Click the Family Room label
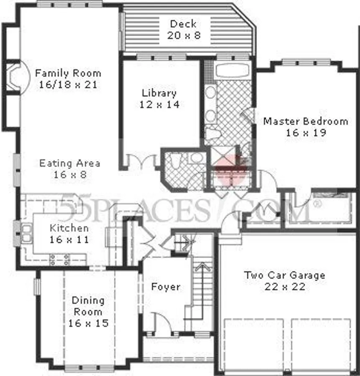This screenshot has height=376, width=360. point(68,73)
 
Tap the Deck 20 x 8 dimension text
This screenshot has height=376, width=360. point(183,35)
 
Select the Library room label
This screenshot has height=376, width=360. point(159,93)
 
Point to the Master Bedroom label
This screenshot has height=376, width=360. point(305,121)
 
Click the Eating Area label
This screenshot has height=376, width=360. point(69,163)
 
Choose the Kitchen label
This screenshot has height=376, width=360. point(69,228)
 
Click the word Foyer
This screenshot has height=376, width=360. point(165,287)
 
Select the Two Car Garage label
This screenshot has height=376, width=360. point(284,276)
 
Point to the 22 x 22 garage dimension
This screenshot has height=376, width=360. point(284,287)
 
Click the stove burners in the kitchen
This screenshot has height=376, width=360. point(59,260)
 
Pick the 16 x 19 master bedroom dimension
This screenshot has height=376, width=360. point(305,133)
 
